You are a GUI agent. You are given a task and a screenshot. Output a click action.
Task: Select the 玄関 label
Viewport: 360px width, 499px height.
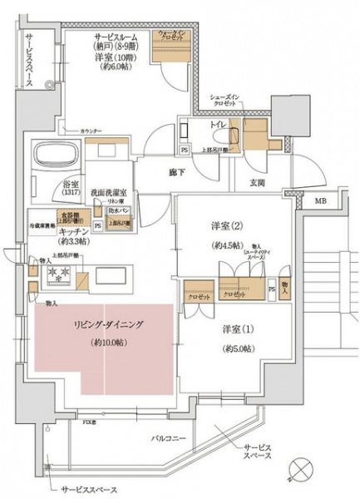[256, 183]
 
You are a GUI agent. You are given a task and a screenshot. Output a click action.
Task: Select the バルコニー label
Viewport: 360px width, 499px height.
[170, 436]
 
